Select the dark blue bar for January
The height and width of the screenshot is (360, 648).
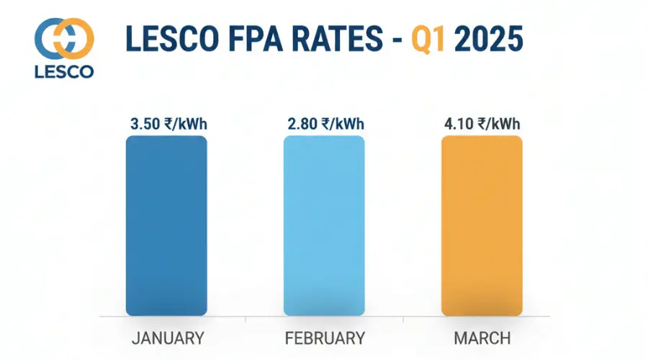click(166, 225)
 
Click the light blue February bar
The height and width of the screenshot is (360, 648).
click(324, 225)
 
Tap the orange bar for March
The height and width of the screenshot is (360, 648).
click(482, 225)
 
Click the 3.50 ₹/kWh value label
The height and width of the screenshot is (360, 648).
click(166, 125)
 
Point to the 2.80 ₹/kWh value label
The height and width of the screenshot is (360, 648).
click(324, 125)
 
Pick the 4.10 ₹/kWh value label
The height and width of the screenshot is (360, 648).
click(482, 125)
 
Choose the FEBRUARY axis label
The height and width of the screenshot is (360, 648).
click(324, 338)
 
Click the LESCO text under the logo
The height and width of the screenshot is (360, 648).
click(63, 72)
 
